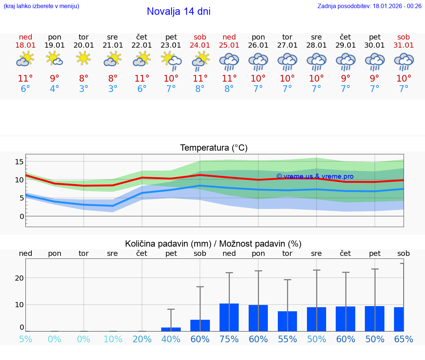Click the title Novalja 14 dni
pos(179,11)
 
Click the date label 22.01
pos(142,45)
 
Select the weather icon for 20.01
pos(84,58)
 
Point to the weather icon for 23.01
pos(171,61)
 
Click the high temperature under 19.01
pos(55,78)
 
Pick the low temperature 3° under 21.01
pos(113,89)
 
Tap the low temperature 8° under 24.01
pos(200,89)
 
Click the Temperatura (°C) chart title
pos(214,148)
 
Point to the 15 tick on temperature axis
pos(19,162)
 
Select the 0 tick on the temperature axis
pos(22,216)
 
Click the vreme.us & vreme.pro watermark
pos(315,176)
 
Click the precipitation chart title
pos(213,244)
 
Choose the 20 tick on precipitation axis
pos(19,278)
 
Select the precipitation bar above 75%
pos(229,318)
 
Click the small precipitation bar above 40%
pos(171,329)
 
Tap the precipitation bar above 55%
pos(287,321)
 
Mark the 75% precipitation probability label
pos(229,339)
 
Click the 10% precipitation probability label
pos(113,339)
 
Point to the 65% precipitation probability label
pos(404,339)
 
